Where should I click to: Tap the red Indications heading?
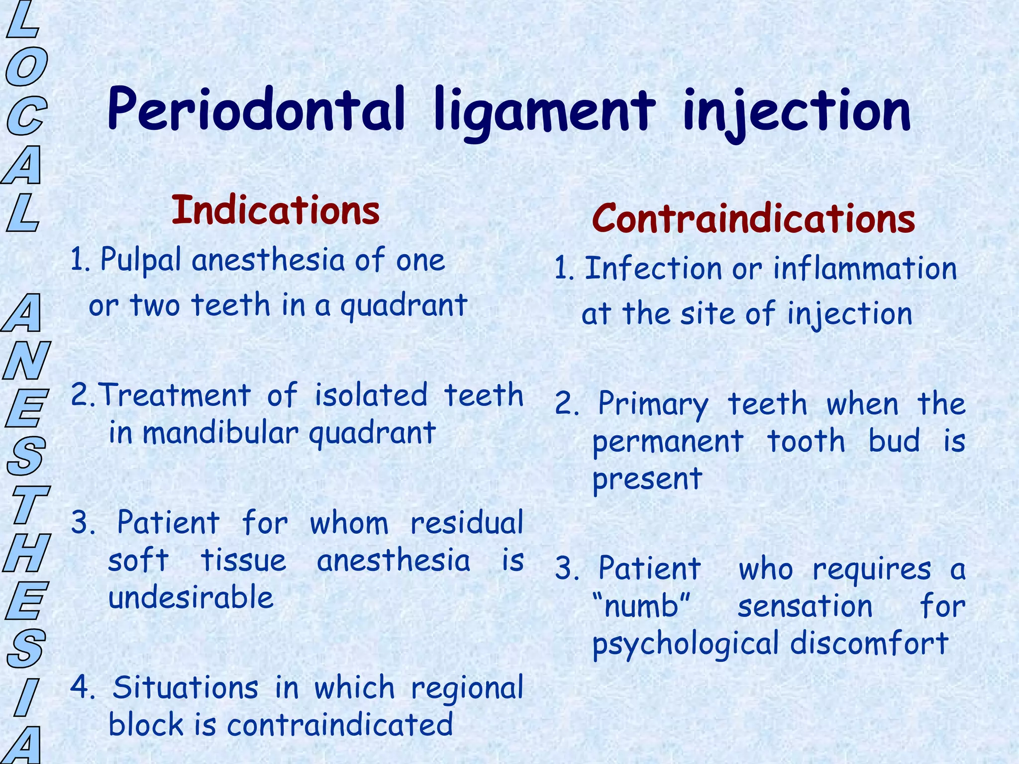pos(276,210)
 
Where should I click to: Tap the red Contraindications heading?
pos(753,219)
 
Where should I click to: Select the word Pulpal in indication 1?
pos(140,261)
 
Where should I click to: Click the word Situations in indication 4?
pos(185,688)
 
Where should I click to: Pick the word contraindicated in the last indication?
pos(340,725)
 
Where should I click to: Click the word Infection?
pos(653,269)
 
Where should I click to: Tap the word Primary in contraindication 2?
pos(653,404)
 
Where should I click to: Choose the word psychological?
pos(685,644)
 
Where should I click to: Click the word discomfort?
pos(869,643)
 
